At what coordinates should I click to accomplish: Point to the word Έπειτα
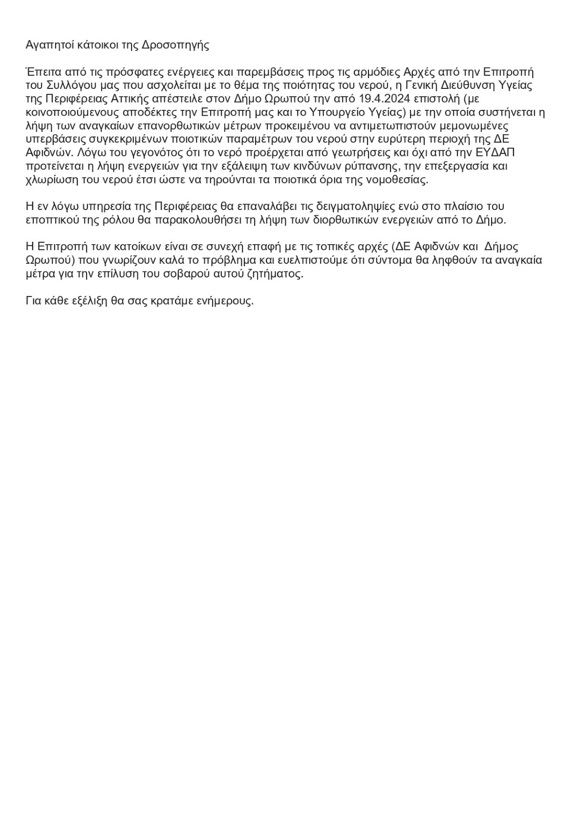[x=41, y=72]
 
